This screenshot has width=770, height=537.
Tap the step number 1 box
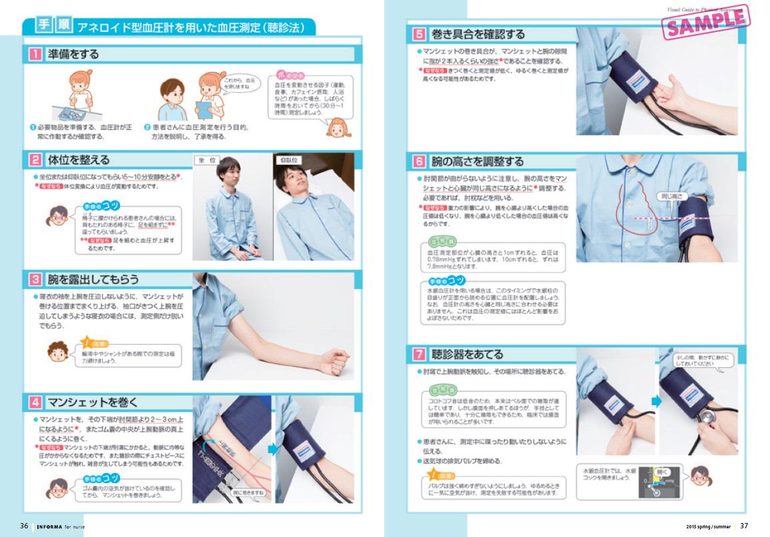click(x=33, y=55)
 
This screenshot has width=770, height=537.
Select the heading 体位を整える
click(x=79, y=160)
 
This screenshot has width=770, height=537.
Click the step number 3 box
click(x=33, y=278)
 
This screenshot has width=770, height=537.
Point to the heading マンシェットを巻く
click(x=93, y=402)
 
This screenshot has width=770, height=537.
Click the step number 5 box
click(x=419, y=34)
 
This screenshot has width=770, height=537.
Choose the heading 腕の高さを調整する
click(x=477, y=161)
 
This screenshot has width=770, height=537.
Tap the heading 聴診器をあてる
click(x=467, y=354)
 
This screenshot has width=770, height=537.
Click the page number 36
click(x=24, y=526)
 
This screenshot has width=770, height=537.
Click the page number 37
click(x=744, y=526)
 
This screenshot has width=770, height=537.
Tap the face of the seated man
click(x=228, y=175)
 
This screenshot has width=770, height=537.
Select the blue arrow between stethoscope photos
click(x=655, y=401)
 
